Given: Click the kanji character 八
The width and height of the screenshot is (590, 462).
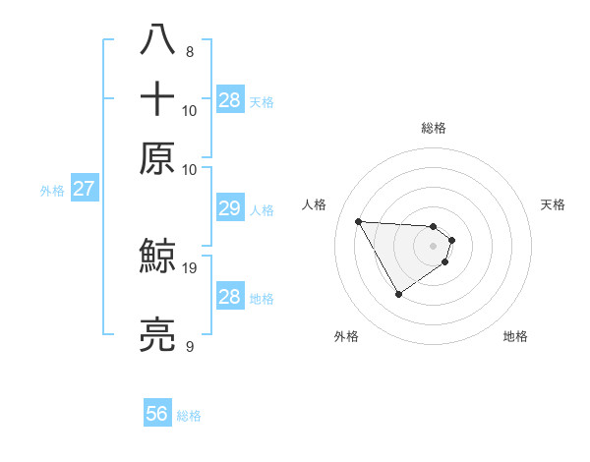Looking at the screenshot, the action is pyautogui.click(x=157, y=40).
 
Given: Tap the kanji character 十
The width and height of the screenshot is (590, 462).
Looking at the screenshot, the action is pyautogui.click(x=157, y=99).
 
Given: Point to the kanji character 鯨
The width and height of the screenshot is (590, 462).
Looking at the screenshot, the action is pyautogui.click(x=157, y=258).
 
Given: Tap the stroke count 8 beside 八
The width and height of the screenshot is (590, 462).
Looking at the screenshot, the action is pyautogui.click(x=190, y=51).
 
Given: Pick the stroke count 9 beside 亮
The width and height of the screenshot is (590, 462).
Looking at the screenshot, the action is pyautogui.click(x=190, y=346).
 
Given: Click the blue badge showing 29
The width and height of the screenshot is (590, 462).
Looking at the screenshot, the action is pyautogui.click(x=229, y=208).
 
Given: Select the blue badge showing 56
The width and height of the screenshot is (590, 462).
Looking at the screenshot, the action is pyautogui.click(x=157, y=415).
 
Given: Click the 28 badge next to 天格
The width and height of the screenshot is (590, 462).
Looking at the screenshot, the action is pyautogui.click(x=230, y=99).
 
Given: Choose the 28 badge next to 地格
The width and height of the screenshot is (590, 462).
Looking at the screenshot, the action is pyautogui.click(x=229, y=297).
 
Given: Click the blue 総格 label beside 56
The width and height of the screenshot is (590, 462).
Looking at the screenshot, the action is pyautogui.click(x=189, y=416).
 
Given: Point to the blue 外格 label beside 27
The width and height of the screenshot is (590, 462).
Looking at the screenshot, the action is pyautogui.click(x=52, y=191).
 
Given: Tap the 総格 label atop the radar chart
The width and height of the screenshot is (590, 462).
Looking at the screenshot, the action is pyautogui.click(x=434, y=128).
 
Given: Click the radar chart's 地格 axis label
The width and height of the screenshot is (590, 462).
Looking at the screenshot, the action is pyautogui.click(x=515, y=336).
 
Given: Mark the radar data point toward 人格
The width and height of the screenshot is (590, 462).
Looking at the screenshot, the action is pyautogui.click(x=358, y=221).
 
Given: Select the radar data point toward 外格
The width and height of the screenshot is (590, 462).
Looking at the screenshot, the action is pyautogui.click(x=398, y=294).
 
